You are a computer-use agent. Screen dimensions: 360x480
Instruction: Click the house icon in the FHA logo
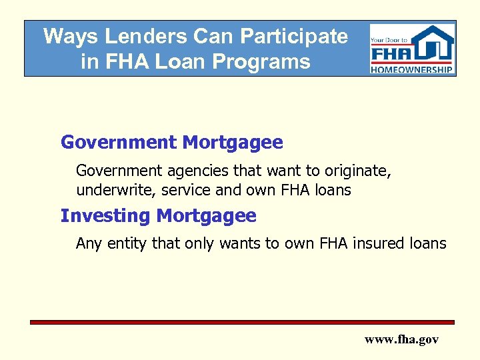pyautogui.click(x=433, y=44)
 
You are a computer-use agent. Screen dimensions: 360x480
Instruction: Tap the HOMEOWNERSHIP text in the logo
pyautogui.click(x=413, y=69)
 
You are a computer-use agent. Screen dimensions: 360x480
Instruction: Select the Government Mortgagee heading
pyautogui.click(x=171, y=142)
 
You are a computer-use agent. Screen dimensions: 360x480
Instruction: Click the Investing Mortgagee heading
pyautogui.click(x=158, y=215)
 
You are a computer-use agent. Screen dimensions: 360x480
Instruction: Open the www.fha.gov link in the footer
pyautogui.click(x=401, y=339)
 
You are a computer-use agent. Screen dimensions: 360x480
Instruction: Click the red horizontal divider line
pyautogui.click(x=242, y=322)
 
